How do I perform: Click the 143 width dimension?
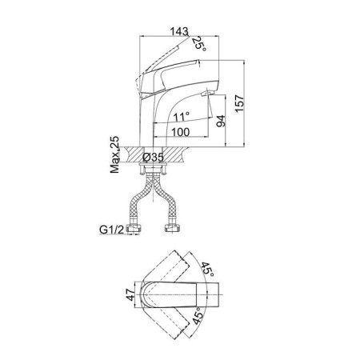pos(179,31)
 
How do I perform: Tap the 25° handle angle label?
pos(200,43)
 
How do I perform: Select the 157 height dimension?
pos(239,103)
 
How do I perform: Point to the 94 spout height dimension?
pos(221,121)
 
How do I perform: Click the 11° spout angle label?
pos(182,116)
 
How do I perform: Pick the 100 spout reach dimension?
pos(180,132)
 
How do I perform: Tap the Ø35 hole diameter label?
pos(153,158)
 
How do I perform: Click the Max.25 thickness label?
pos(114,154)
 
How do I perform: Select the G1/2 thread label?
pos(112,229)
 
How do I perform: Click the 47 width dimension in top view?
pos(130,294)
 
